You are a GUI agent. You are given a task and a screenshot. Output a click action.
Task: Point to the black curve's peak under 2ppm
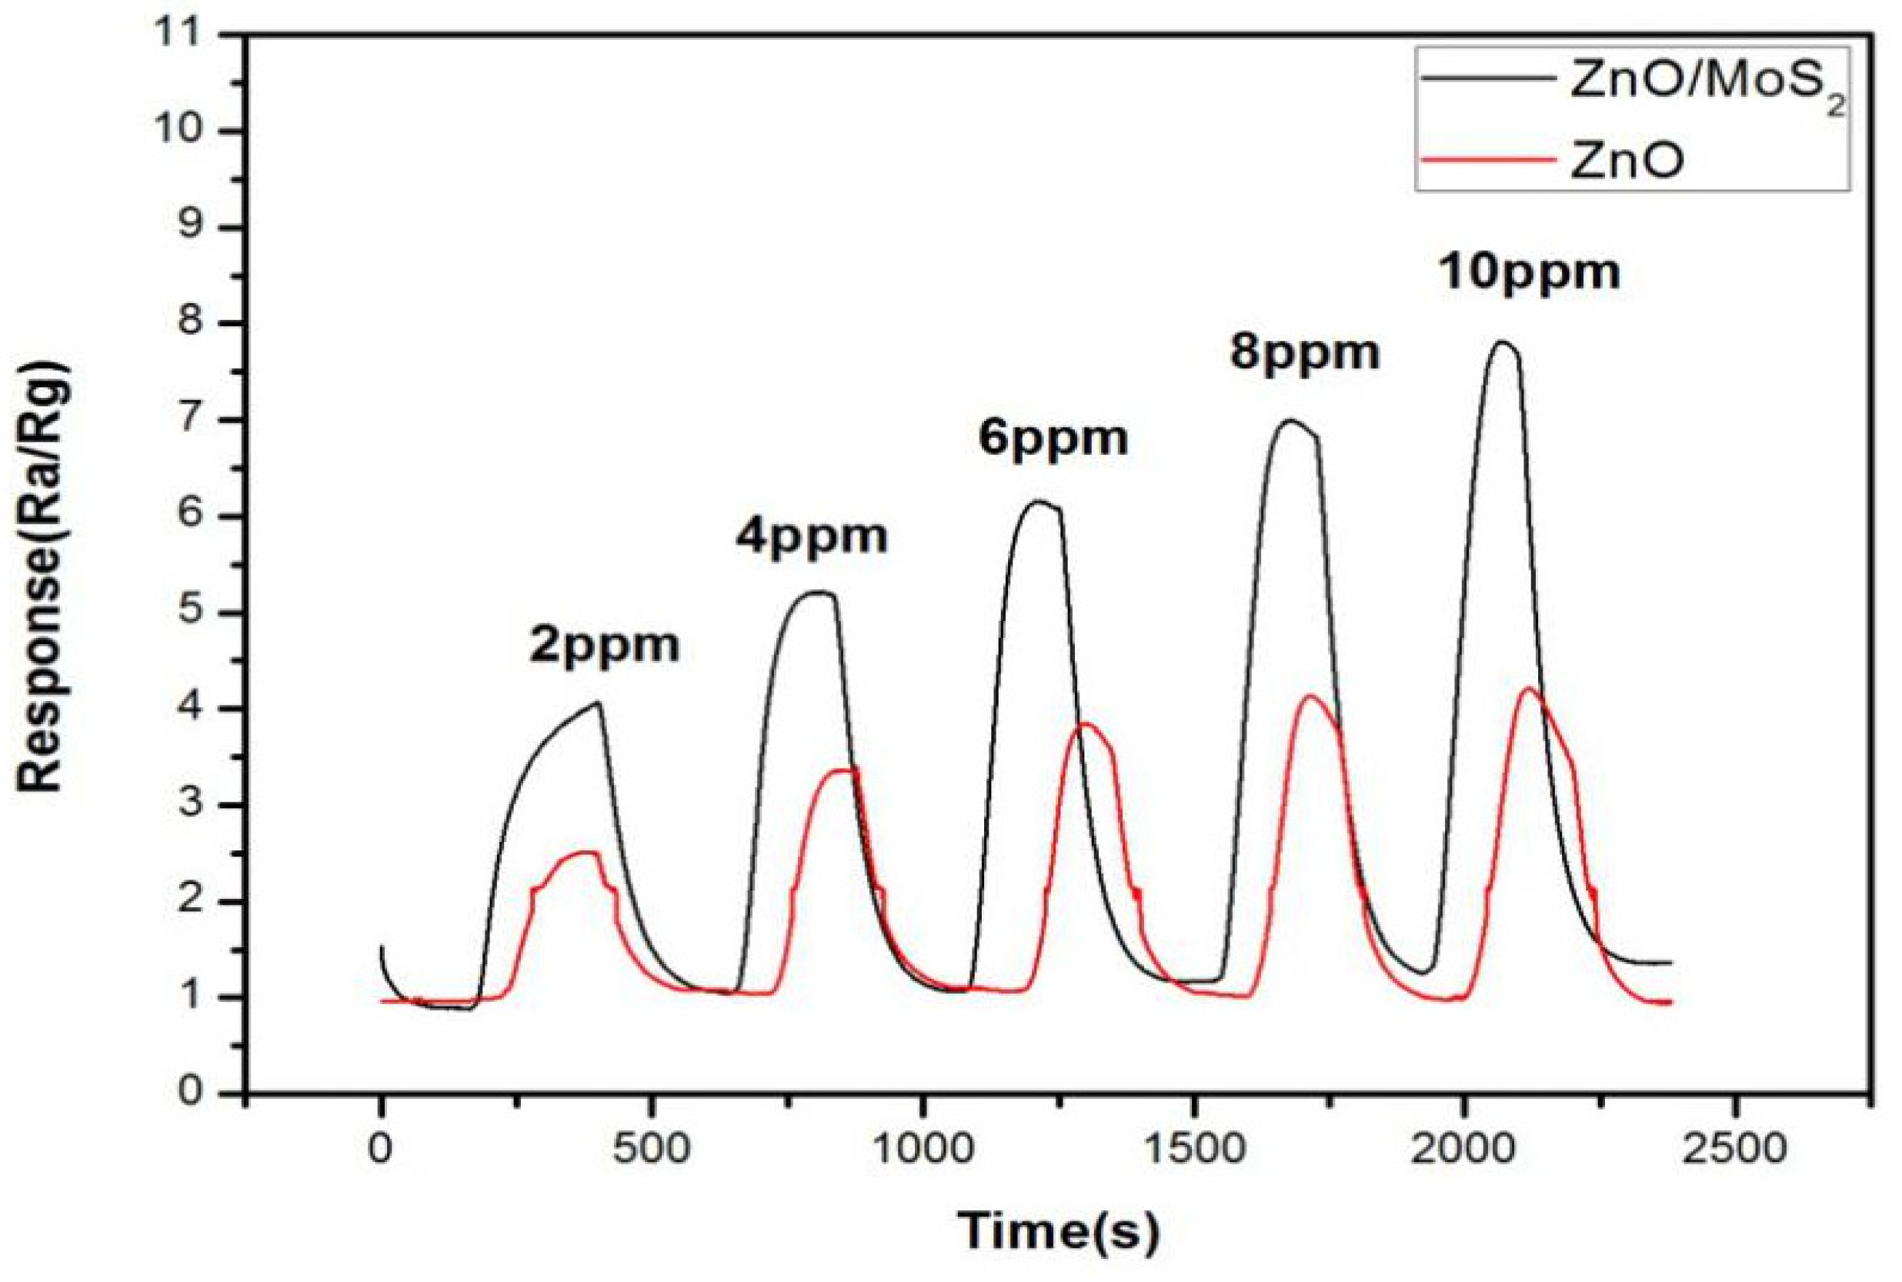[599, 703]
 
